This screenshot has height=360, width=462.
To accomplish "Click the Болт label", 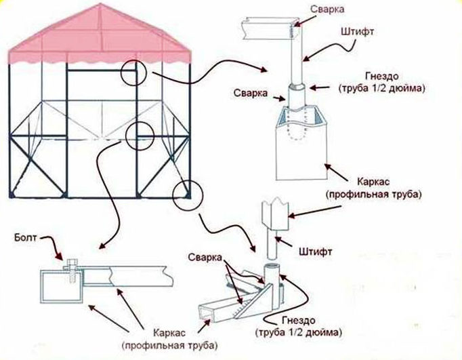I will point(24,238).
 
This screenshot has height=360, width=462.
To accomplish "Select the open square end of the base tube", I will point(203,313).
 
